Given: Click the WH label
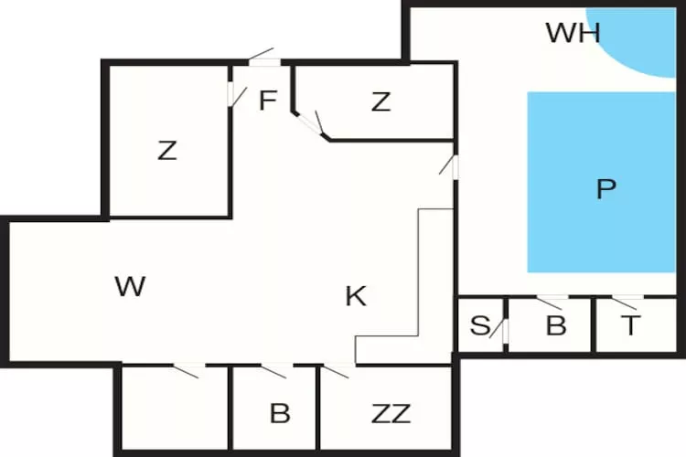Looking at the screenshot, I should click(x=573, y=34).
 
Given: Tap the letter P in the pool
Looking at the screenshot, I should click(x=606, y=189).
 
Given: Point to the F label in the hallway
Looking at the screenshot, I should click(x=267, y=101).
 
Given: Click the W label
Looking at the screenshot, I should click(x=131, y=287).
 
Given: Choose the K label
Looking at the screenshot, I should click(x=356, y=296).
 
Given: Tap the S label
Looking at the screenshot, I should click(x=479, y=326).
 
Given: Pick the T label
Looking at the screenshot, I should click(x=630, y=326).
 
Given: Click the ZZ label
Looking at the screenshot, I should click(x=391, y=413).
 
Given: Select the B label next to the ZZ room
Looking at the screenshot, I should click(x=280, y=413).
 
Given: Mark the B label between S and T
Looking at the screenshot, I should click(x=556, y=326).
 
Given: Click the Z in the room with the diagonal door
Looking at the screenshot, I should click(x=381, y=102).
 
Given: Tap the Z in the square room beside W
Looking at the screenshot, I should click(x=166, y=151).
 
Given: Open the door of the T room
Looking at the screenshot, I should click(x=627, y=302).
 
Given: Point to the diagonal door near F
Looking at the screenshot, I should click(x=316, y=125).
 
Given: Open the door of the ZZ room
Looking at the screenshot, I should click(x=338, y=370).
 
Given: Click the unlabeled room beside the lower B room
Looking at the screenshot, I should click(x=174, y=409).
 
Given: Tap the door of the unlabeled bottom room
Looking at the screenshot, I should click(x=189, y=370).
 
